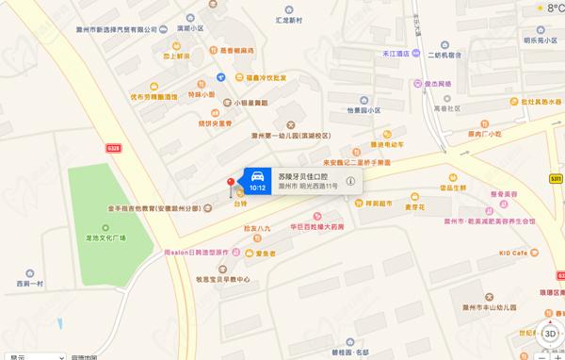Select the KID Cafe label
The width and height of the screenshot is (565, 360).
coord(519,254)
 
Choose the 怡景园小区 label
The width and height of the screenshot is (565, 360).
coord(361,110)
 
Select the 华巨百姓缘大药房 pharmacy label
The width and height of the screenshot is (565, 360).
coord(310,227)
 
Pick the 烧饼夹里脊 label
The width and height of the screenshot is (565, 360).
coord(214,122)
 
